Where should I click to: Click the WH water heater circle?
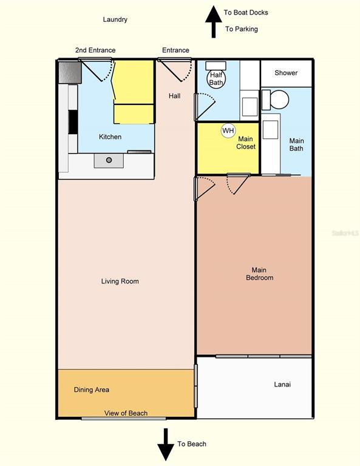228,131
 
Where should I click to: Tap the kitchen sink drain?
109,160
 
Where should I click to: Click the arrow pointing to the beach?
166,444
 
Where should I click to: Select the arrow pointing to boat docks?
214,22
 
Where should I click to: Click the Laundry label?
115,19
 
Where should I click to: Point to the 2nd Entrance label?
95,50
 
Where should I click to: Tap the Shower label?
286,73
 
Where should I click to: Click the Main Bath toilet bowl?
279,100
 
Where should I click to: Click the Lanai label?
282,384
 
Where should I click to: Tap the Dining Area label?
92,390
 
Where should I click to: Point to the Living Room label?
120,281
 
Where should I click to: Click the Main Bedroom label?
259,274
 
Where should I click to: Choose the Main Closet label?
246,143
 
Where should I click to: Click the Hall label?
174,96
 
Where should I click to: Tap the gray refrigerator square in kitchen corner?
70,72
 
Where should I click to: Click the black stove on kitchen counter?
73,122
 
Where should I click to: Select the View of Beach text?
126,413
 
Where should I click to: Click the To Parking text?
242,29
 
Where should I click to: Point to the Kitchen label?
110,137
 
